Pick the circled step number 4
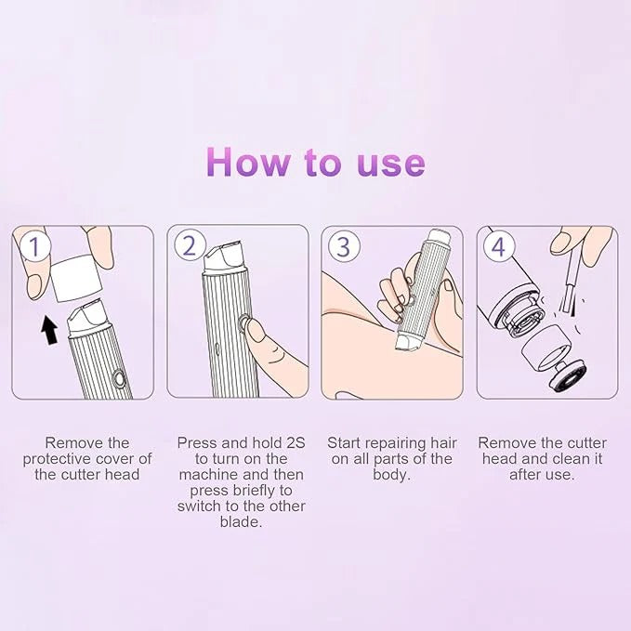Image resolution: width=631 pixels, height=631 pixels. (x=499, y=247)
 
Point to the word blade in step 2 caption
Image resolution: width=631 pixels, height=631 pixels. (x=241, y=522)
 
